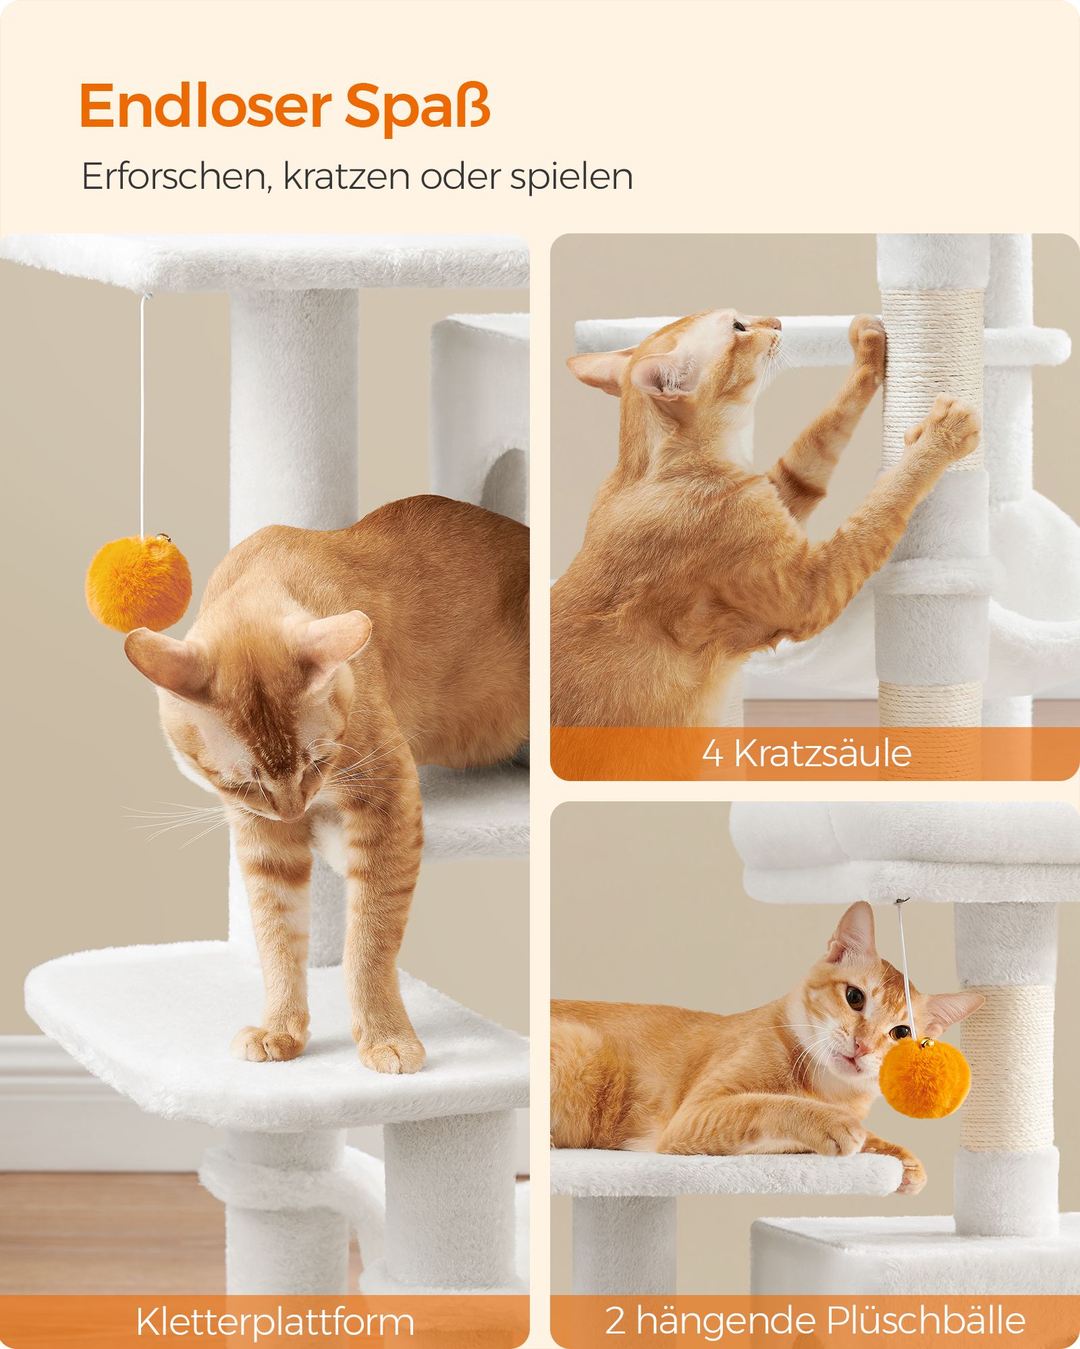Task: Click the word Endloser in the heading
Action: click(205, 106)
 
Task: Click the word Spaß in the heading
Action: click(418, 107)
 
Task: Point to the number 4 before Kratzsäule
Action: click(713, 753)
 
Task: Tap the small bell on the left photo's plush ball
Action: click(163, 539)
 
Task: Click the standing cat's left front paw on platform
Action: click(268, 1045)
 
